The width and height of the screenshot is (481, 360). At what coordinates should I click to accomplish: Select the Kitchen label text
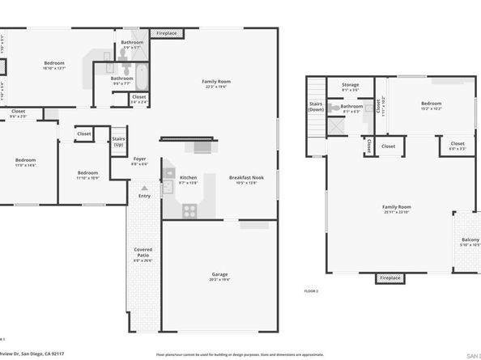(x=188, y=177)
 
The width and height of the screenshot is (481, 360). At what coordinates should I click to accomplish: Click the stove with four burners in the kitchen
(x=189, y=210)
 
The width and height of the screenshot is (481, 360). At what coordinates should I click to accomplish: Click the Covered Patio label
(x=143, y=250)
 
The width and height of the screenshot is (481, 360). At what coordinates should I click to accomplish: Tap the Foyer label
(x=140, y=159)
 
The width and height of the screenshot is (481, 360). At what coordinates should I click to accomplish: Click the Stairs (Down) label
(x=316, y=107)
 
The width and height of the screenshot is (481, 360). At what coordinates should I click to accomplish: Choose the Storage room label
(x=350, y=84)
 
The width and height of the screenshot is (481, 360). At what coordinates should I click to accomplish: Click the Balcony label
(x=470, y=240)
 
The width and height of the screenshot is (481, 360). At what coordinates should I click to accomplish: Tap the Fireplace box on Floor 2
(x=389, y=278)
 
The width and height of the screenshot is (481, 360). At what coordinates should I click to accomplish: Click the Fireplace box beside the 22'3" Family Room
(x=168, y=33)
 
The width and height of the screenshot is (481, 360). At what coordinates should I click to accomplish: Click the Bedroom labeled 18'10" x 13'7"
(x=54, y=62)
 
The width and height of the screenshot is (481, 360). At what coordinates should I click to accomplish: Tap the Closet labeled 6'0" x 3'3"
(x=457, y=146)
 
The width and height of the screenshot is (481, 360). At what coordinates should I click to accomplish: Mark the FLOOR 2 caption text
(x=311, y=290)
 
